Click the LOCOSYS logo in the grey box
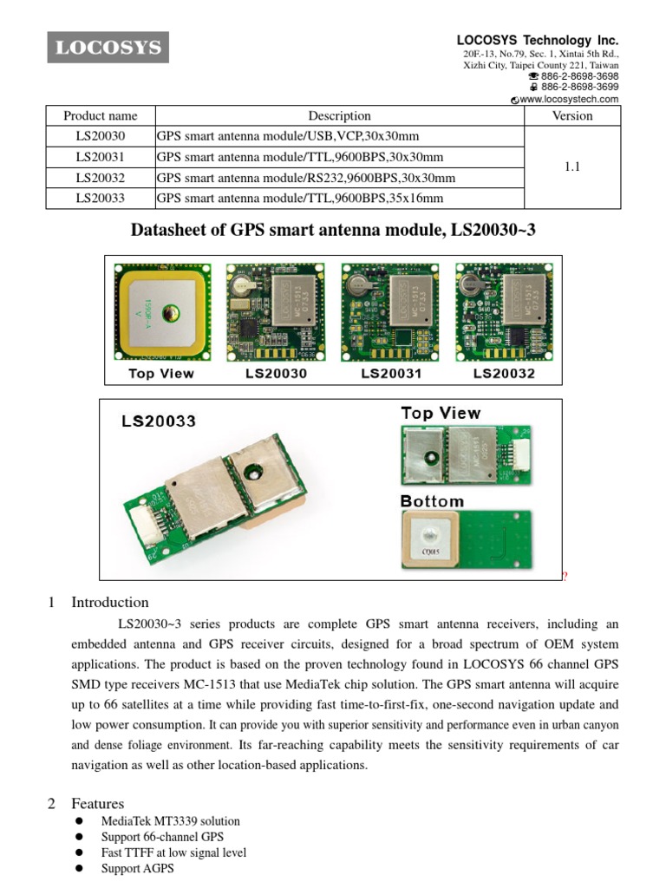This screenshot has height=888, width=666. [x=108, y=48]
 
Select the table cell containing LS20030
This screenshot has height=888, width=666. [x=101, y=136]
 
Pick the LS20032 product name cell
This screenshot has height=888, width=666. [x=101, y=178]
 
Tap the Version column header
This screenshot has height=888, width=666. [x=572, y=115]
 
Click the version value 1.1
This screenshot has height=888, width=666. [x=572, y=167]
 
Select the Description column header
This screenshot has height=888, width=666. [x=339, y=115]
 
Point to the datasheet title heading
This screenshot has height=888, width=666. [x=339, y=230]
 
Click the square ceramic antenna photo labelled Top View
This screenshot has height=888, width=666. [x=162, y=312]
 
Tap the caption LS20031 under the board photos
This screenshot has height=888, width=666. [x=391, y=374]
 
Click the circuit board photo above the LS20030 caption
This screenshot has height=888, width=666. [x=277, y=312]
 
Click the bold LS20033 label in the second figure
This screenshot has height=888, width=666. [x=159, y=421]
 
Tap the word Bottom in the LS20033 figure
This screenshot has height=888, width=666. [x=432, y=501]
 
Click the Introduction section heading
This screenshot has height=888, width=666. [x=109, y=602]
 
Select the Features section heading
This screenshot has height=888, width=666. [x=97, y=804]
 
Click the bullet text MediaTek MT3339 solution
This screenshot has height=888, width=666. [x=171, y=820]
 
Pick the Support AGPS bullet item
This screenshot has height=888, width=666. [x=137, y=867]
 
